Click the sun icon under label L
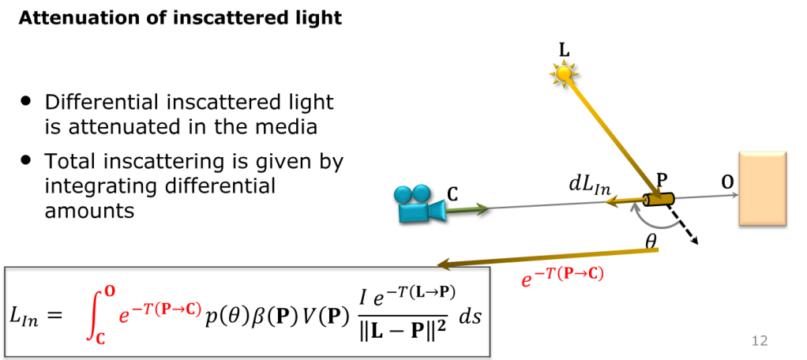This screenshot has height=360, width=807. tap(565, 73)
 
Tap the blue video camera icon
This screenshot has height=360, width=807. tap(419, 204)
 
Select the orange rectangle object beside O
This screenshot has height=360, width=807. tap(763, 188)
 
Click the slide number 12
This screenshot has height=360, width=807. tap(760, 340)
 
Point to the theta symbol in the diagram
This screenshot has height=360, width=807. tap(651, 241)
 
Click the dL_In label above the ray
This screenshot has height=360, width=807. tap(589, 187)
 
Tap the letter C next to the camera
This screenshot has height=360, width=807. tap(452, 194)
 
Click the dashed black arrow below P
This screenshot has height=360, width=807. tap(682, 224)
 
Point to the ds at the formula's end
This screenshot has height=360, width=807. tap(469, 317)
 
